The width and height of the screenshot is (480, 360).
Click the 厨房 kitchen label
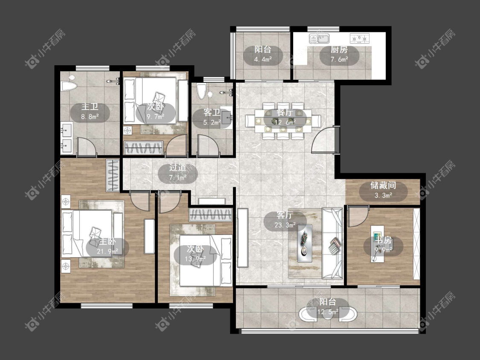(x=339, y=49)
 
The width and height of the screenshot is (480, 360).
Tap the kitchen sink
(x=319, y=39)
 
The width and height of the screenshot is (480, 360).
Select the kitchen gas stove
(x=360, y=38)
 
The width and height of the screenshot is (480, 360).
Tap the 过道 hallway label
(x=178, y=168)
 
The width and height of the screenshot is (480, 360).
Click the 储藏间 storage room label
(x=383, y=185)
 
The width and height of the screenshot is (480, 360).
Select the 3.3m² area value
(x=383, y=195)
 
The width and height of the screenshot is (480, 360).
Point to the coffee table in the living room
(x=305, y=244)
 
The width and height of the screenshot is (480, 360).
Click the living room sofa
(x=332, y=244)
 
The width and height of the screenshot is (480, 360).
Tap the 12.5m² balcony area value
(x=328, y=312)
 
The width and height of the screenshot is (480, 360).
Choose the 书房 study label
(x=384, y=240)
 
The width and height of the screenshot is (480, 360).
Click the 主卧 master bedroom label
(x=108, y=242)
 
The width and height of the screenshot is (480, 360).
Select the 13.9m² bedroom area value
(x=195, y=259)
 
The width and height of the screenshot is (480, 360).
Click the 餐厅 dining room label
(x=285, y=112)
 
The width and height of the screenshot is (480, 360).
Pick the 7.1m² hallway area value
(x=178, y=177)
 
